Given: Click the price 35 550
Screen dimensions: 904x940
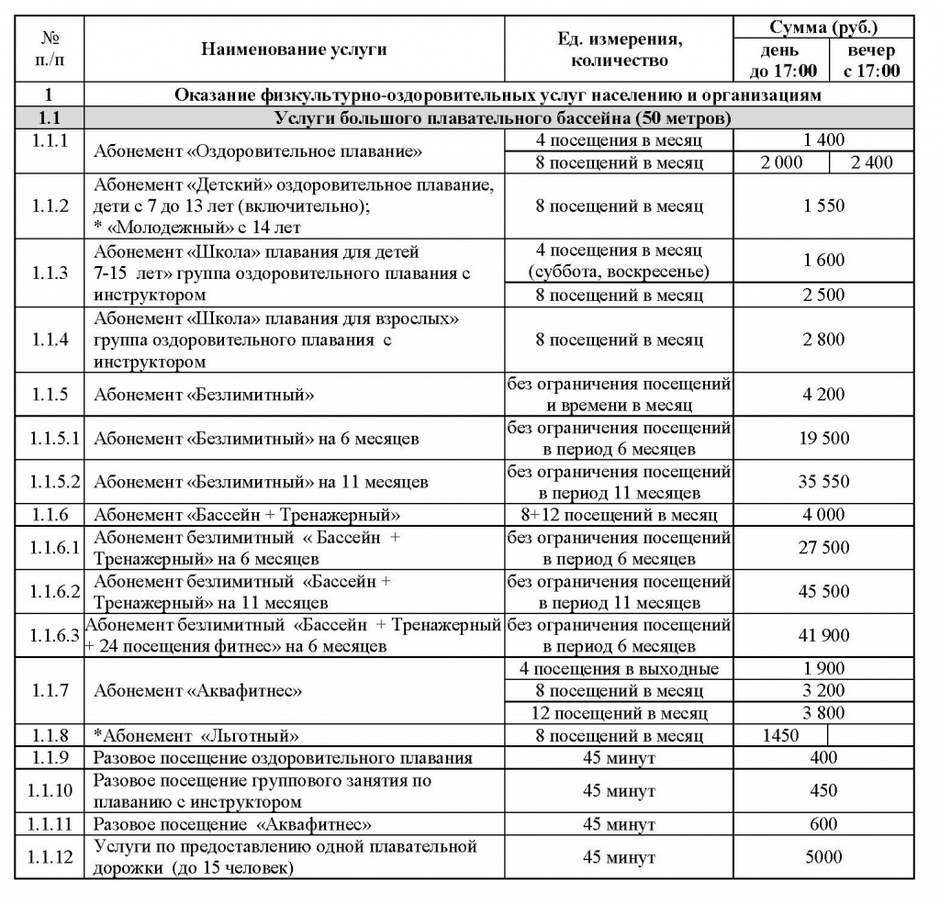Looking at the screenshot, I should click(x=823, y=482).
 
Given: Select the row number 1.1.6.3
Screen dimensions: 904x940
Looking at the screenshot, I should click(x=49, y=636).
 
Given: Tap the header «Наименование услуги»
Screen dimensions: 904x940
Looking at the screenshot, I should click(x=294, y=50).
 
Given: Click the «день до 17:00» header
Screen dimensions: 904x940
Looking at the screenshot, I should click(x=780, y=61).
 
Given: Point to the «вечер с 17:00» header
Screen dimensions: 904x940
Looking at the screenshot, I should click(x=871, y=61).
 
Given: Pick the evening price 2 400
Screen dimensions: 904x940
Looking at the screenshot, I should click(x=871, y=162).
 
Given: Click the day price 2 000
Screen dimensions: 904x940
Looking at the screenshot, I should click(x=780, y=162).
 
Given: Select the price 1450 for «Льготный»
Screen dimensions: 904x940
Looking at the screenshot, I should click(x=780, y=736).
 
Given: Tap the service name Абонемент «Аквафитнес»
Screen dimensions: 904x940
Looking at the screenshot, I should click(x=198, y=691).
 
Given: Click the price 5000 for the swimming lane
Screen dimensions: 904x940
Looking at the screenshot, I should click(x=823, y=857).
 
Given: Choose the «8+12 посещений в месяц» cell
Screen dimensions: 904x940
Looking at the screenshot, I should click(x=619, y=516).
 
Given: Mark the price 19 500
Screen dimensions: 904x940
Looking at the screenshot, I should click(x=823, y=439).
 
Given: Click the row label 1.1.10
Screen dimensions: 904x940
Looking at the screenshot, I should click(x=49, y=791).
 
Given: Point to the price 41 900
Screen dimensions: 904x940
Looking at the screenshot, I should click(x=823, y=636).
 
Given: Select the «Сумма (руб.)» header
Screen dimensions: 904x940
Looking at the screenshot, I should click(x=823, y=28).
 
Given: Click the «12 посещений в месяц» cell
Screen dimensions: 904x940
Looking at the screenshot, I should click(x=619, y=713).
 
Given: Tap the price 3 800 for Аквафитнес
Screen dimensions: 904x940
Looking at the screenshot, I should click(x=823, y=713).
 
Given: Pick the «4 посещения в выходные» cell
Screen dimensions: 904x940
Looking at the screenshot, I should click(x=619, y=669).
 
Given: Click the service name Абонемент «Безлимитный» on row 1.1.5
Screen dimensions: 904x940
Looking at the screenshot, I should click(x=204, y=396).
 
